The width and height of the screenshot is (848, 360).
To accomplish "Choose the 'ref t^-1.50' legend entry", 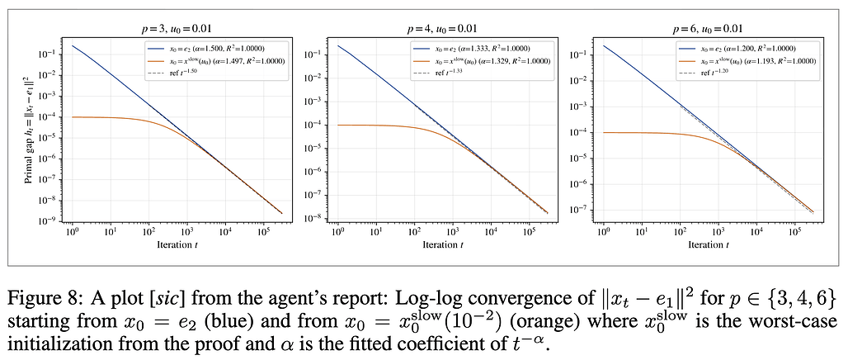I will point(177,73).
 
